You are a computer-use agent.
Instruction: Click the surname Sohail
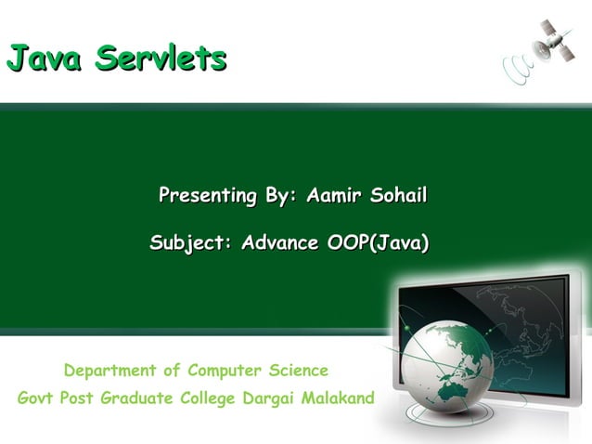(x=398, y=197)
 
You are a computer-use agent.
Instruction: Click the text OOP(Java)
(x=373, y=244)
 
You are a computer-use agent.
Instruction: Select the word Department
(x=110, y=372)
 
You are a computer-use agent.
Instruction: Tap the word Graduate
(x=140, y=399)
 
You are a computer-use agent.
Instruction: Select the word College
(x=212, y=399)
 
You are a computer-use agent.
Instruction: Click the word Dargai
(x=270, y=399)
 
